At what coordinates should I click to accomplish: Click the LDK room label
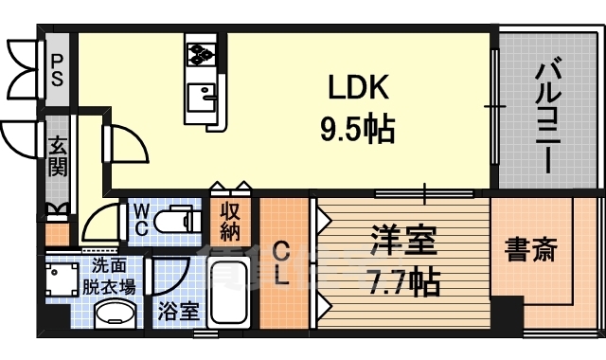[358, 87]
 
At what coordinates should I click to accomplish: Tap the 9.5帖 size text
[358, 129]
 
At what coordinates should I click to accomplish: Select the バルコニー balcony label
[547, 115]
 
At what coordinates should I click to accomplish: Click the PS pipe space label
[57, 71]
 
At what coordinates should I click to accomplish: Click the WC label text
[142, 221]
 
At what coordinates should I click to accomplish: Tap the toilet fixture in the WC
[177, 221]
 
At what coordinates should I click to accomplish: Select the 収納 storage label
[230, 222]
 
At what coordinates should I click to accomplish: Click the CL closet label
[282, 263]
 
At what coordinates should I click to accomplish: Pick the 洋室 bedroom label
[403, 242]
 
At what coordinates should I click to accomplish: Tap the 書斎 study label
[530, 250]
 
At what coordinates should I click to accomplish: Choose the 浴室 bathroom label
[179, 311]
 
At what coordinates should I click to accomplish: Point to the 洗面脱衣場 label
[109, 277]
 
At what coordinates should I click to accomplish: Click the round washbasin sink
[116, 315]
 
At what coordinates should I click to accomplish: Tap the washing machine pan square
[62, 279]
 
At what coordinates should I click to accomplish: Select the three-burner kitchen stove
[201, 54]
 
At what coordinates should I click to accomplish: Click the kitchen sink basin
[201, 98]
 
